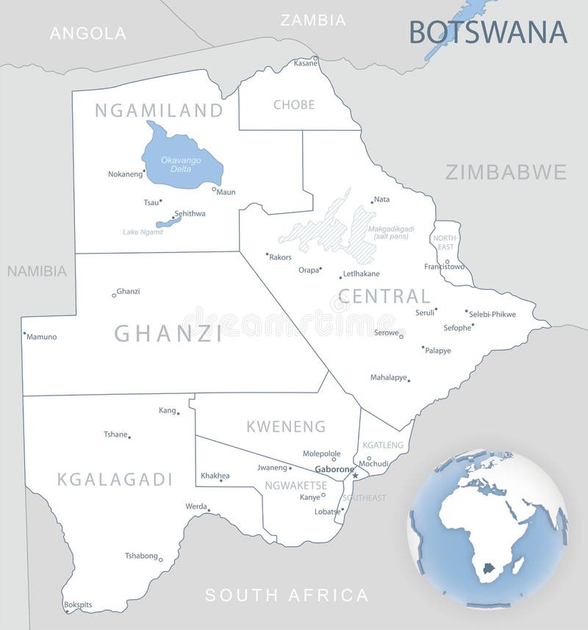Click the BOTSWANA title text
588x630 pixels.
tap(488, 32)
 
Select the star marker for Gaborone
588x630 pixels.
tap(355, 476)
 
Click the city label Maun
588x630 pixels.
tap(226, 193)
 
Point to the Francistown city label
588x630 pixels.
tap(444, 266)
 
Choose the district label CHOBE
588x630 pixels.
tap(294, 105)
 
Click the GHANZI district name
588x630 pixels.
tap(168, 334)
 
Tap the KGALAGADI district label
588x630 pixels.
tap(115, 479)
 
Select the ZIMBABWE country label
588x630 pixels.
tap(506, 172)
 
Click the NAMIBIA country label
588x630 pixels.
tap(37, 271)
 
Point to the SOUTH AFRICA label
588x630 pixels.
tap(287, 595)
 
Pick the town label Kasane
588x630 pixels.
tap(306, 63)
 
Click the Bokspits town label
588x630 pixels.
tap(78, 605)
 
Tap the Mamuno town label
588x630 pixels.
tap(42, 337)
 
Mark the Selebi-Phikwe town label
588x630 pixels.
tap(492, 315)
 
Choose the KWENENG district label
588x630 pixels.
tap(286, 426)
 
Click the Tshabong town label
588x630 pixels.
tap(141, 556)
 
